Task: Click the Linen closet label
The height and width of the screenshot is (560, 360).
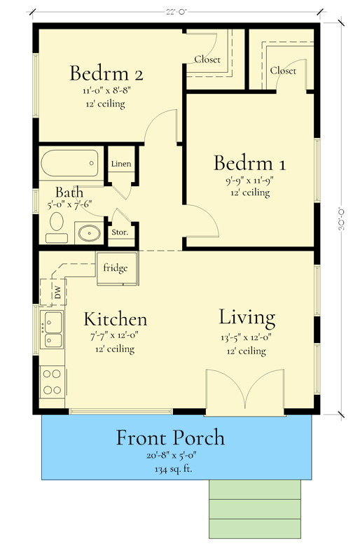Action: click(120, 164)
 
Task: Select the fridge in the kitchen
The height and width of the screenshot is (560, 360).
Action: click(116, 269)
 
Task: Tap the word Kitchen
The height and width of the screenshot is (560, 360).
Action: click(116, 319)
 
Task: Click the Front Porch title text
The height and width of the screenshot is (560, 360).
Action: click(170, 438)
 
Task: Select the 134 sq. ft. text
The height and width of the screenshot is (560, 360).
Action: click(170, 468)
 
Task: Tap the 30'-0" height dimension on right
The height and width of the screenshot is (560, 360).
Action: click(342, 217)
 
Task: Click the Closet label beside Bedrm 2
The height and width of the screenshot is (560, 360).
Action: click(207, 59)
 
